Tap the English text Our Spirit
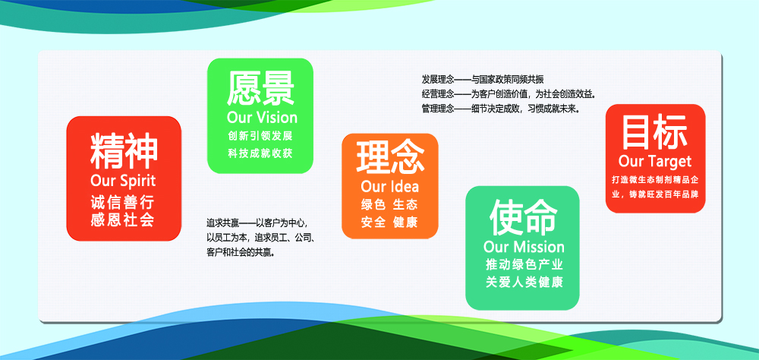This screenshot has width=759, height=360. [x=124, y=182]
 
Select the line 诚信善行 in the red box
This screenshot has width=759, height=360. [x=122, y=203]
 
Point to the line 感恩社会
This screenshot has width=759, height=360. [x=122, y=220]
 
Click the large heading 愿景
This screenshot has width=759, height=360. [x=260, y=89]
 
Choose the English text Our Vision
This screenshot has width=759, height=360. [x=262, y=117]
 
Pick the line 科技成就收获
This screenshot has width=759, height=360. [x=260, y=153]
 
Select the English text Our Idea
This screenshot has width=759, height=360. [x=389, y=187]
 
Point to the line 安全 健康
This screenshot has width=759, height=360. [x=389, y=223]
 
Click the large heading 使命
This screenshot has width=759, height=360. [x=523, y=217]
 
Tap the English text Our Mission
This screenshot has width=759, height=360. [x=524, y=247]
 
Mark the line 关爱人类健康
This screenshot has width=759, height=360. [x=524, y=283]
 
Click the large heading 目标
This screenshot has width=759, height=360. [x=654, y=132]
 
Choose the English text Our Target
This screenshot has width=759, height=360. [x=655, y=161]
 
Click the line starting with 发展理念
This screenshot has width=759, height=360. [x=483, y=80]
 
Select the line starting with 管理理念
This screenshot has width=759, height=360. [x=501, y=109]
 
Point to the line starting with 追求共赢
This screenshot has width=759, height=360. [x=257, y=224]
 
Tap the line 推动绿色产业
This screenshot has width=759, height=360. [x=524, y=265]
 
